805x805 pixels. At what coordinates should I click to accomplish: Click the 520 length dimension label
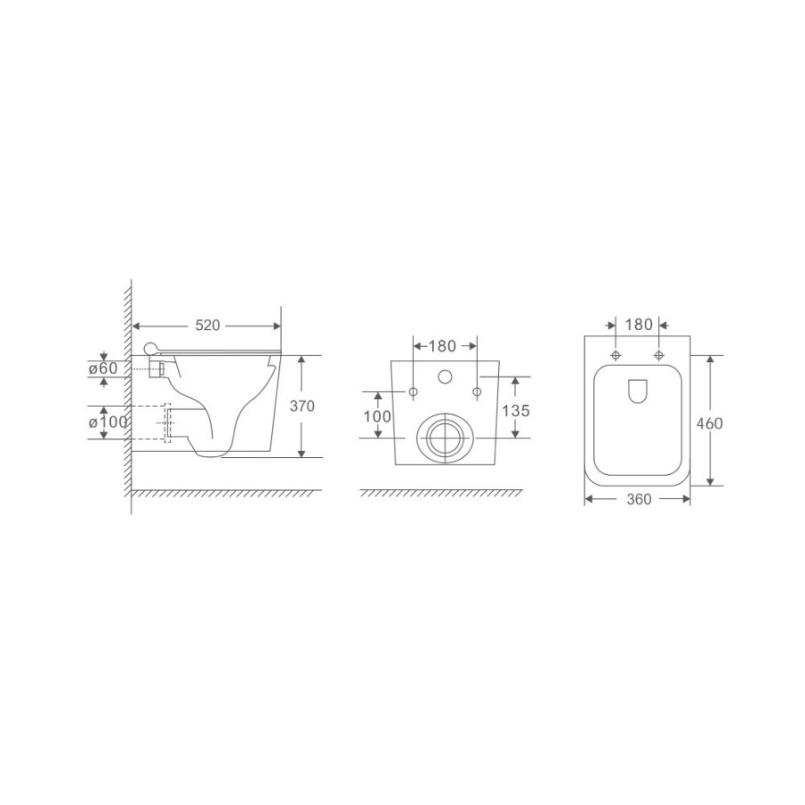point(208,326)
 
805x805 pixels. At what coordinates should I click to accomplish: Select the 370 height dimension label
point(302,406)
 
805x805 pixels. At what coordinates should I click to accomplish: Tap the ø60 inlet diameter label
point(103,369)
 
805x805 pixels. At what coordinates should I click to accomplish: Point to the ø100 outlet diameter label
point(108,422)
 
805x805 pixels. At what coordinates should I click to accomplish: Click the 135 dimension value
point(516,411)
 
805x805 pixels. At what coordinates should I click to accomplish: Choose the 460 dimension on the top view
point(709,424)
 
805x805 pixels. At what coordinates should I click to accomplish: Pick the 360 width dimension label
point(639,499)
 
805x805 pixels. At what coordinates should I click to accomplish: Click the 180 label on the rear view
point(442,346)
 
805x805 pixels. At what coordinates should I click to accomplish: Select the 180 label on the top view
point(638,325)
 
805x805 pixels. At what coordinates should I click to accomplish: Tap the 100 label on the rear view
point(377,416)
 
